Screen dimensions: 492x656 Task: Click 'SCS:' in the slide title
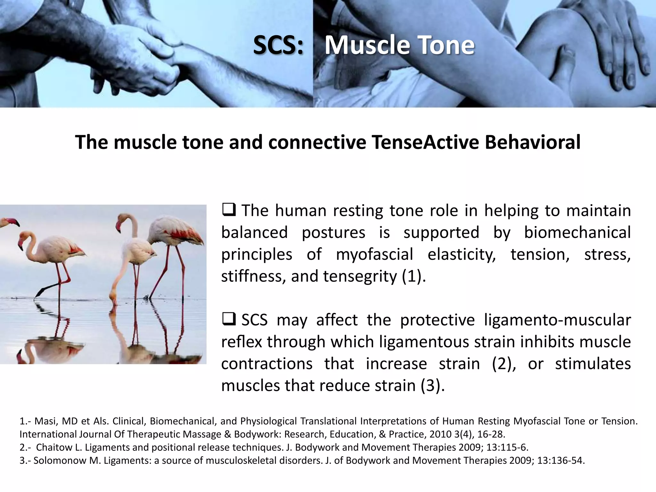pyautogui.click(x=278, y=45)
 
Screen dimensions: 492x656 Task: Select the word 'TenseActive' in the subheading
pyautogui.click(x=425, y=142)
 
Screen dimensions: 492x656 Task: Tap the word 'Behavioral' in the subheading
pyautogui.click(x=532, y=142)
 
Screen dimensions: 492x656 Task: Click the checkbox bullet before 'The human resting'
pyautogui.click(x=229, y=210)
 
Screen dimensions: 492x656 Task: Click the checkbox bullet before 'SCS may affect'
pyautogui.click(x=229, y=320)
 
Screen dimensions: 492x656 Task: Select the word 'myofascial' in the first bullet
pyautogui.click(x=374, y=254)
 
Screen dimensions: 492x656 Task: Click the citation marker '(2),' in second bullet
pyautogui.click(x=504, y=364)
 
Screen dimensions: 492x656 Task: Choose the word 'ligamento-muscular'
pyautogui.click(x=557, y=320)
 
